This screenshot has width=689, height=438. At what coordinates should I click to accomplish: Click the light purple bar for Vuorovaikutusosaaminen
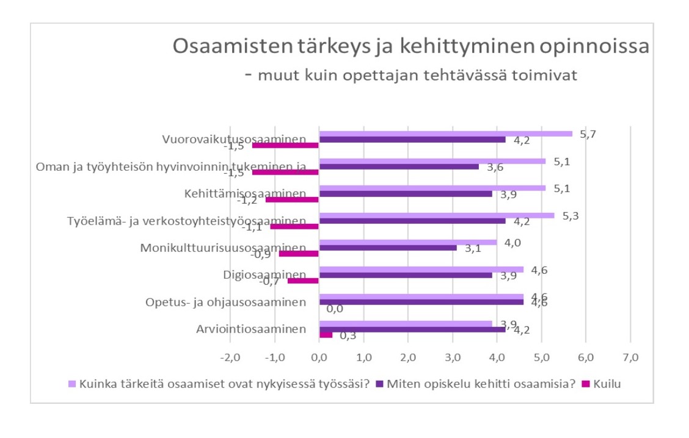click(x=446, y=134)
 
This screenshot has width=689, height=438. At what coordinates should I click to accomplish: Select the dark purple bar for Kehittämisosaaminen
click(x=406, y=193)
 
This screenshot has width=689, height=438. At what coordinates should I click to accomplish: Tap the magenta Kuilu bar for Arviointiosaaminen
click(x=326, y=335)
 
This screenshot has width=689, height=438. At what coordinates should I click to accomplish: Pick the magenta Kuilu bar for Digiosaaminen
click(x=304, y=281)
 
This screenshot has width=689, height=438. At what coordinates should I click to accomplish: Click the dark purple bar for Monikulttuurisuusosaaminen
click(x=388, y=248)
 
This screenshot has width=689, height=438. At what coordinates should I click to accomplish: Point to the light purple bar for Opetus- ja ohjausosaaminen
click(x=421, y=296)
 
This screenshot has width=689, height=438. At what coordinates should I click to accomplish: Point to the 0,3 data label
click(x=348, y=336)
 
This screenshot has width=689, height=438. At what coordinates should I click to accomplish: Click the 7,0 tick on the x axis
click(x=630, y=357)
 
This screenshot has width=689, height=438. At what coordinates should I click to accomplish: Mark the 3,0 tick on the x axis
click(x=452, y=357)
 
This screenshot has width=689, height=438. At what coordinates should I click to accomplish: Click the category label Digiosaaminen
click(x=265, y=275)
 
